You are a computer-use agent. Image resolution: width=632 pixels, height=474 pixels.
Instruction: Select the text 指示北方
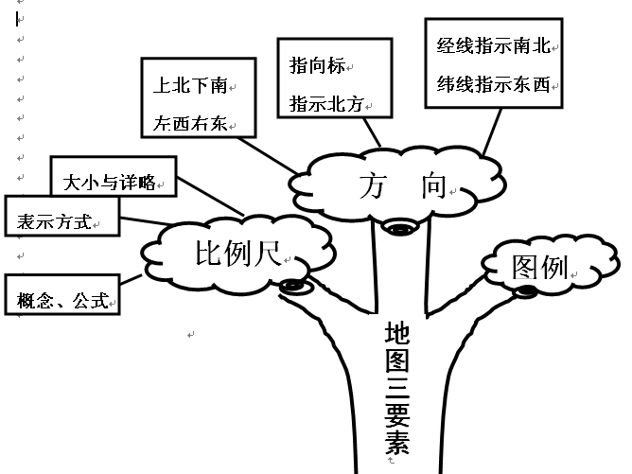click(x=325, y=103)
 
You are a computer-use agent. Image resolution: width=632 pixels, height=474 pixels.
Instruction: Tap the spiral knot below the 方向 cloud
click(x=397, y=227)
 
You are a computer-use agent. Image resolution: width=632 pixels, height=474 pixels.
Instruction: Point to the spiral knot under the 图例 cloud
click(x=525, y=290)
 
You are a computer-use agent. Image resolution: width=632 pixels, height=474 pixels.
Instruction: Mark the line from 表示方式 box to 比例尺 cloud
click(x=140, y=226)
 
